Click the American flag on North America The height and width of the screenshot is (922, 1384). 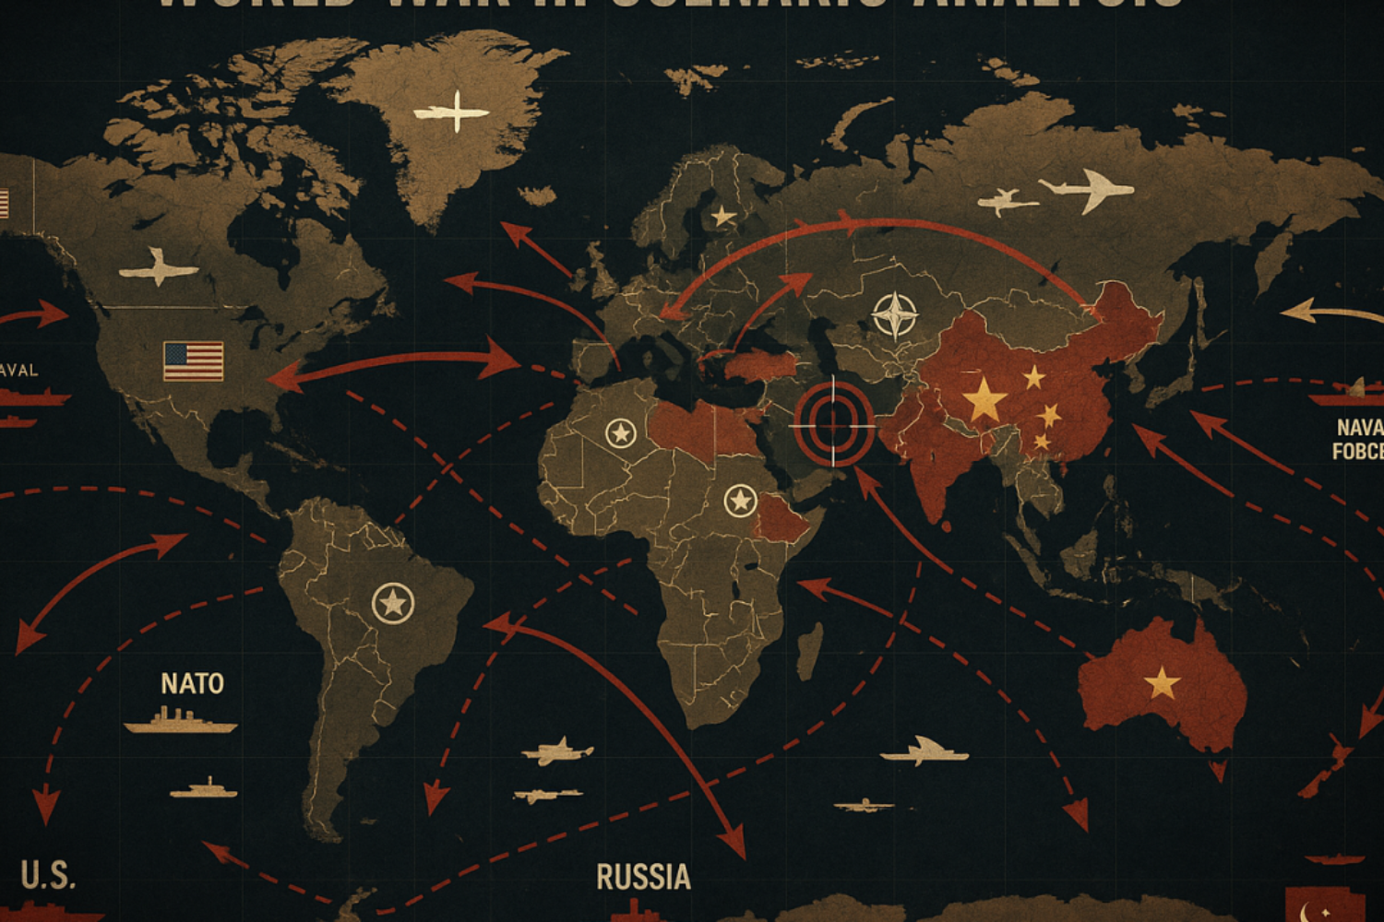tap(193, 361)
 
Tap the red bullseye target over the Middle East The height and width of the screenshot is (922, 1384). tap(833, 421)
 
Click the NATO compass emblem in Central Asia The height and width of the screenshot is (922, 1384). tap(894, 315)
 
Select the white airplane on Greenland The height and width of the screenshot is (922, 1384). tap(452, 112)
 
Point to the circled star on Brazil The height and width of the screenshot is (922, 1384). tap(393, 604)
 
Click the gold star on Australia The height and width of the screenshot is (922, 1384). tap(1162, 683)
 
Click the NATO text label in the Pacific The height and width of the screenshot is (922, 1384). tap(192, 683)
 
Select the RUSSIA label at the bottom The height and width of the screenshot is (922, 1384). tap(643, 877)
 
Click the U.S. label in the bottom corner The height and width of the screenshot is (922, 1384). tap(48, 875)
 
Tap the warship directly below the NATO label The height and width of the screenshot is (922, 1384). tap(180, 722)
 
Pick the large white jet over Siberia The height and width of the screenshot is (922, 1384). tap(1089, 189)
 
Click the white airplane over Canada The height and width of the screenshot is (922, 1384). tap(159, 267)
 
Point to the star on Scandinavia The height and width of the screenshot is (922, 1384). tap(722, 218)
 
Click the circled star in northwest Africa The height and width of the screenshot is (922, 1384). tap(620, 432)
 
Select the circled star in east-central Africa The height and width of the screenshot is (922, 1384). tap(739, 501)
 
